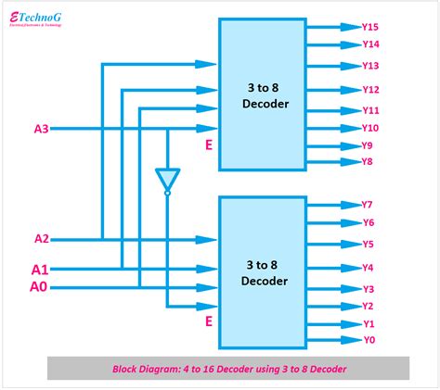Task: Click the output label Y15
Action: (370, 27)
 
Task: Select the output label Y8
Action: (368, 161)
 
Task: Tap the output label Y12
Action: (370, 89)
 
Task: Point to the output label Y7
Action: (368, 204)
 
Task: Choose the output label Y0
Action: (368, 340)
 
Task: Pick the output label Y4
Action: (368, 268)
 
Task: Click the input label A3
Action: (42, 129)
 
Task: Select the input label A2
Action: (42, 238)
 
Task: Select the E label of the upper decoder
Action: (209, 145)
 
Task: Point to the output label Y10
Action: (370, 128)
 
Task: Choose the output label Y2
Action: (368, 306)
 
